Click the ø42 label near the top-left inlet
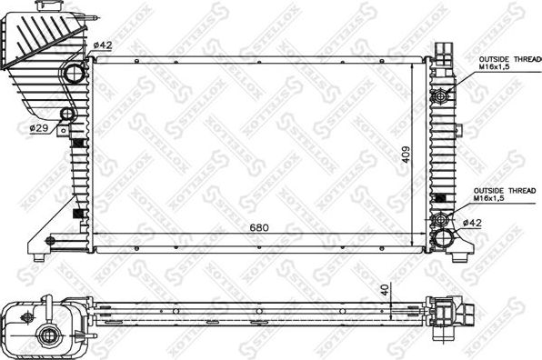click(102, 45)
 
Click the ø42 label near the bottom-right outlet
click(471, 223)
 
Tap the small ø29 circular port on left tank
click(66, 115)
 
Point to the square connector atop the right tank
click(444, 46)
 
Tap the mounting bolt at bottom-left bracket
click(51, 241)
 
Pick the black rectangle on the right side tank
click(441, 199)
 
